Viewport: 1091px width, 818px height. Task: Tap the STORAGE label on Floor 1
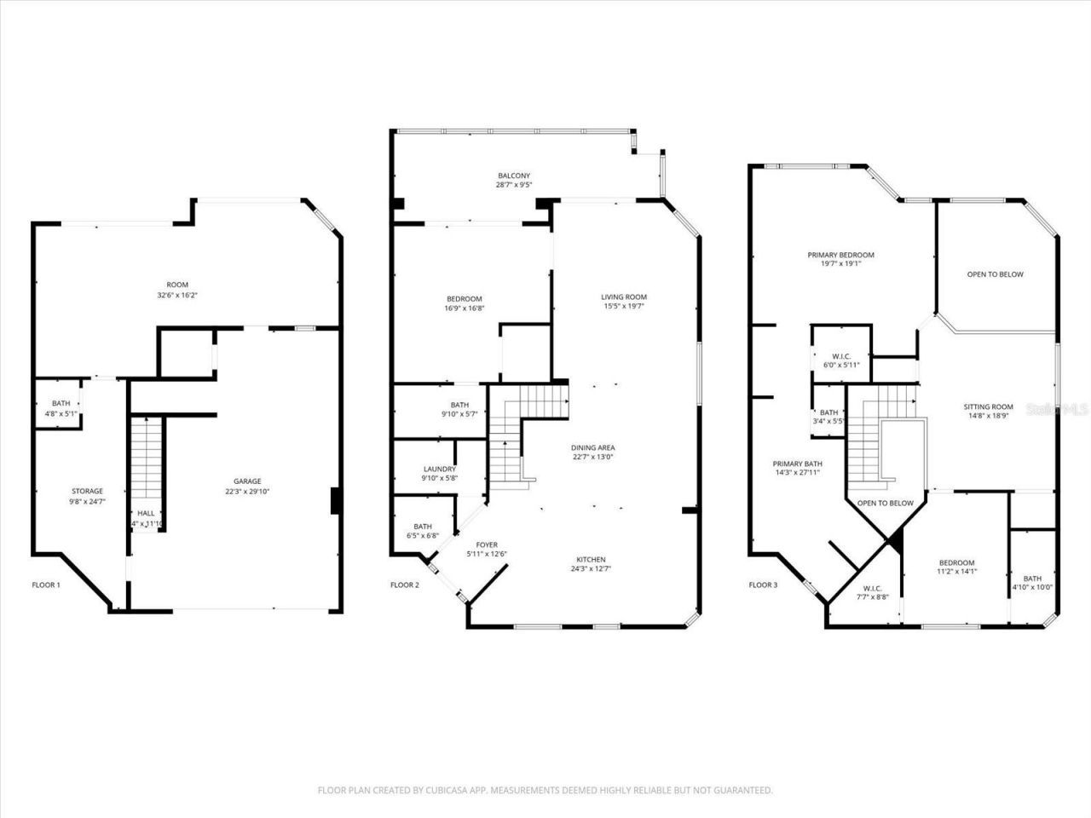coord(87,491)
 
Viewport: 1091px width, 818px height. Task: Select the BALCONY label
coord(514,176)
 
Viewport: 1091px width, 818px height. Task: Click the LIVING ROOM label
coord(624,297)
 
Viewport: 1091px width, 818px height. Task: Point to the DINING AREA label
coord(592,447)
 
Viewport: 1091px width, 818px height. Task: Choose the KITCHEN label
coord(588,559)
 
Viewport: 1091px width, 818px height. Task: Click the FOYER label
coord(487,544)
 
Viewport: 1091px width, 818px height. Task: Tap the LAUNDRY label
coord(440,469)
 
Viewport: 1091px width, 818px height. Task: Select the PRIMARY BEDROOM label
coord(840,255)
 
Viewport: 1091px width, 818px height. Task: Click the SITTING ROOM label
coord(988,406)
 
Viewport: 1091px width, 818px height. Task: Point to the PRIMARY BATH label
coord(797,464)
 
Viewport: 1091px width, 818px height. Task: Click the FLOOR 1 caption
coord(46,585)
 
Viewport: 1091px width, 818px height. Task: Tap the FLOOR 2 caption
coord(405,585)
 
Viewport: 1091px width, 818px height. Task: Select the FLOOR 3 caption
coord(763,585)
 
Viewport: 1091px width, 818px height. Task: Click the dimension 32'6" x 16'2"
coord(178,296)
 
